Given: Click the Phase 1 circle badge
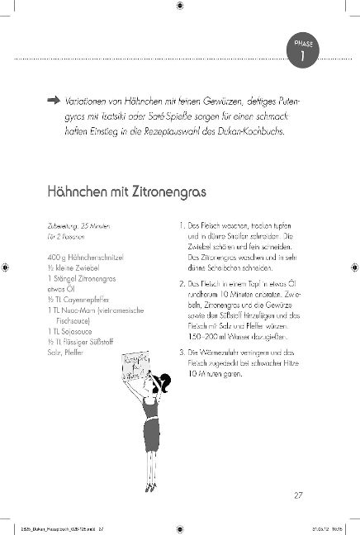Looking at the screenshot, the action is (300, 51).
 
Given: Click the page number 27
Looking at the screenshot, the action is (299, 495).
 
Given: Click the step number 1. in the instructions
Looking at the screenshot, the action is (182, 225).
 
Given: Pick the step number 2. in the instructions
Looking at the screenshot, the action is (182, 283).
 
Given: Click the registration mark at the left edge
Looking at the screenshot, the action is (7, 267).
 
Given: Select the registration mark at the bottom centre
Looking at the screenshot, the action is (180, 527).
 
